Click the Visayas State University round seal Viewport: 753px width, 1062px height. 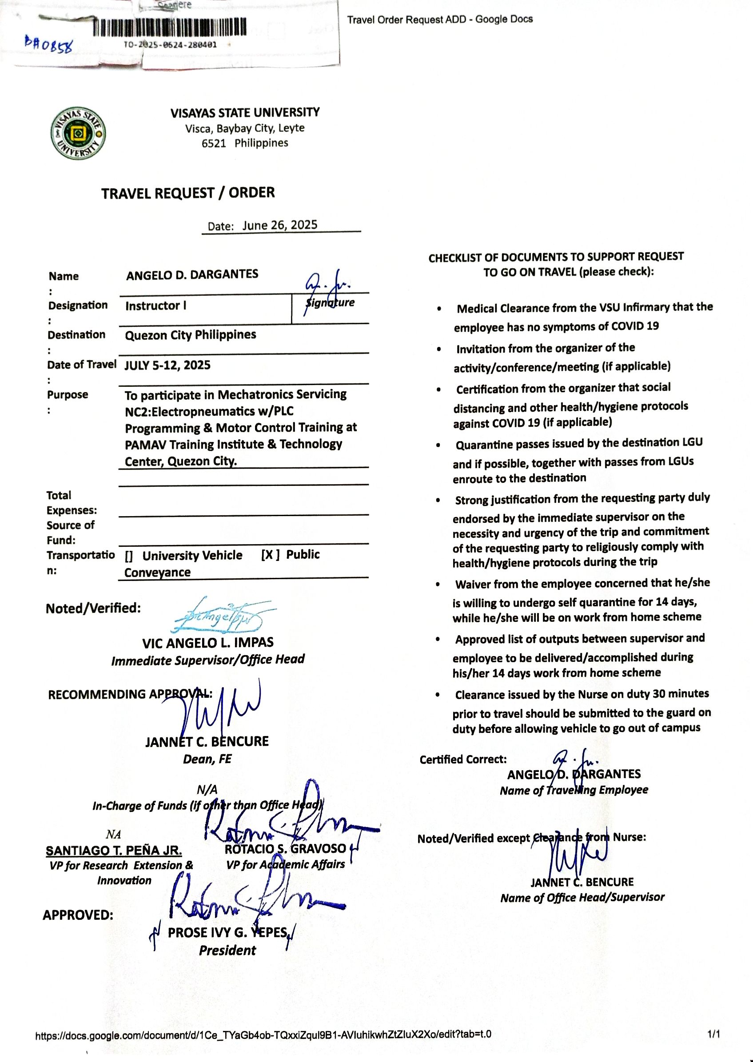tap(78, 133)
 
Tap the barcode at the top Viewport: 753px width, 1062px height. tap(169, 27)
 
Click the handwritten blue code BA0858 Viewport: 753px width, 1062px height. tap(49, 45)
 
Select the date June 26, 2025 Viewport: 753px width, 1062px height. tap(279, 225)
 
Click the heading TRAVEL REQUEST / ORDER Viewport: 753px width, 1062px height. tap(188, 193)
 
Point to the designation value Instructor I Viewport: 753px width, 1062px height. tap(156, 306)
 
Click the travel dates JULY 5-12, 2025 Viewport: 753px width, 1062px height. tap(167, 365)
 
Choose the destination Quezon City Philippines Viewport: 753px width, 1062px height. tap(190, 335)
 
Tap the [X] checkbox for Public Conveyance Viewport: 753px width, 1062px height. tap(270, 555)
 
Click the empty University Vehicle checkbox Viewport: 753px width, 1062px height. tap(129, 556)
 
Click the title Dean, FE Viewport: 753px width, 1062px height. tap(207, 759)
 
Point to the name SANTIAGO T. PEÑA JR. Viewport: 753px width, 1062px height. tap(114, 851)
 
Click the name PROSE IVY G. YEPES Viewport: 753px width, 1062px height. tap(228, 932)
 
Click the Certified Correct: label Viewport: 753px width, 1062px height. tap(463, 759)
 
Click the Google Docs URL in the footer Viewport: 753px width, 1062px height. tap(263, 1034)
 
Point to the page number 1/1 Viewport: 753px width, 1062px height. tap(713, 1034)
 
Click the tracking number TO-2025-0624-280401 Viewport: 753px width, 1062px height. tap(170, 45)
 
